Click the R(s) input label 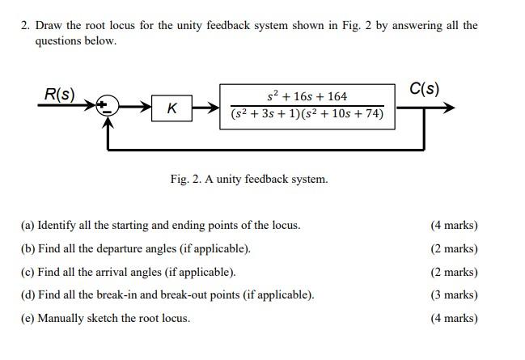point(59,94)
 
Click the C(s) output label point(424,87)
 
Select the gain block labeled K point(171,108)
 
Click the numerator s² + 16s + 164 point(307,96)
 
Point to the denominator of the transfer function point(307,114)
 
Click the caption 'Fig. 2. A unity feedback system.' point(249,179)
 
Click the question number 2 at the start point(25,25)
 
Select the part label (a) point(28,225)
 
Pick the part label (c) point(28,272)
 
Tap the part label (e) point(28,318)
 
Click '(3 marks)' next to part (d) point(454,294)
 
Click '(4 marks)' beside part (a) point(454,225)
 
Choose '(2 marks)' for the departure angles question point(454,248)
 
